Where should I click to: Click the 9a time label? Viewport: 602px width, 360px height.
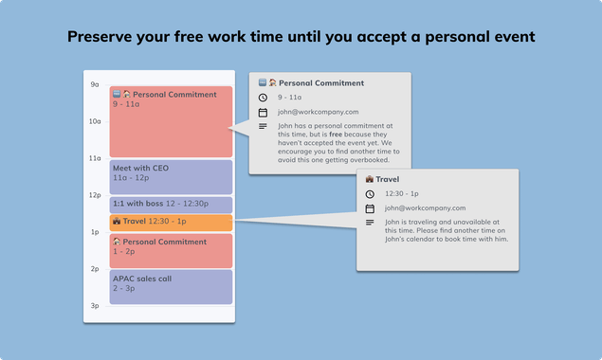tap(95, 84)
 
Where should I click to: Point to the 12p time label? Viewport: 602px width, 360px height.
tap(95, 195)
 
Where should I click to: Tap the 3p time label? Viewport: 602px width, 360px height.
tap(95, 306)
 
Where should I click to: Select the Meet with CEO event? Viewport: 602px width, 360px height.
tap(171, 177)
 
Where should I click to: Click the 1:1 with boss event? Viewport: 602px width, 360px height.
tap(171, 205)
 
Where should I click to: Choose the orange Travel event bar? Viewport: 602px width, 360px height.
tap(171, 222)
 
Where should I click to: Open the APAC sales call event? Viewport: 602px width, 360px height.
tap(171, 287)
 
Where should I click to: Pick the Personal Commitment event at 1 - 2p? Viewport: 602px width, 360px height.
tap(171, 251)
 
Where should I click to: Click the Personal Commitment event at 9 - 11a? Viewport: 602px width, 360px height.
tap(171, 121)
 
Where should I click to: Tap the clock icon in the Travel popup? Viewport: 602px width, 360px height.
tap(371, 193)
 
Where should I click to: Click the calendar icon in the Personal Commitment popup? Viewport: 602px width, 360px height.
tap(263, 112)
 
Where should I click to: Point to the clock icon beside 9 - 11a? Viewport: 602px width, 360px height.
tap(263, 97)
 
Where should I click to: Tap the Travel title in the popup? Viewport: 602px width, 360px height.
tap(388, 178)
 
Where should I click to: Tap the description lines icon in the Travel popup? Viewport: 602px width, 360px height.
tap(371, 223)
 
